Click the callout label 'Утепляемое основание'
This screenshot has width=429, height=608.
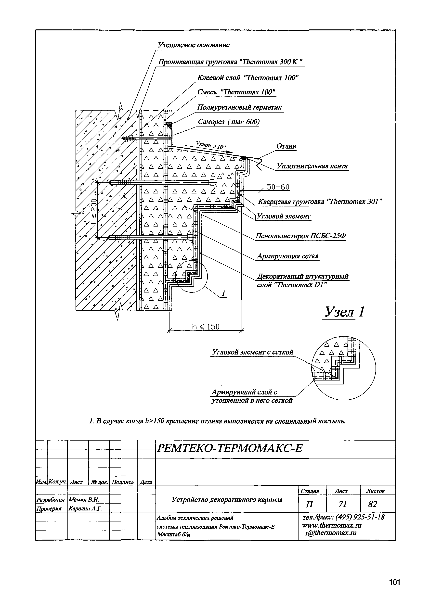194,45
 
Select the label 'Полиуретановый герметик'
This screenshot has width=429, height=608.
240,108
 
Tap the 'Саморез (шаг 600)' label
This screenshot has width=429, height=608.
229,122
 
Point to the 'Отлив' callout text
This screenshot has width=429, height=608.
286,146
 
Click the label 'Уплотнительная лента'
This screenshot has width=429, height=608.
312,166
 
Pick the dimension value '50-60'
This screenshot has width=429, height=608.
278,187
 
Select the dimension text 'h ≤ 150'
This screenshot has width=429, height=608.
206,327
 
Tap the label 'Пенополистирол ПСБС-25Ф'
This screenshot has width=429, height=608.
301,236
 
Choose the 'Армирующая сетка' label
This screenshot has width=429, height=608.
288,256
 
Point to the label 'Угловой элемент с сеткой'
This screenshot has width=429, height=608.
253,352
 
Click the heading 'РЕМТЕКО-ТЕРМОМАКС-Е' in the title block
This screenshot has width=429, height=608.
230,448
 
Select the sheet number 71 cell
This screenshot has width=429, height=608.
343,504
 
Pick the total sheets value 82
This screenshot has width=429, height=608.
373,504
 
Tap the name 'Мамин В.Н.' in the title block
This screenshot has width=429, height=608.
84,500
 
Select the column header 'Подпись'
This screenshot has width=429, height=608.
123,482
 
